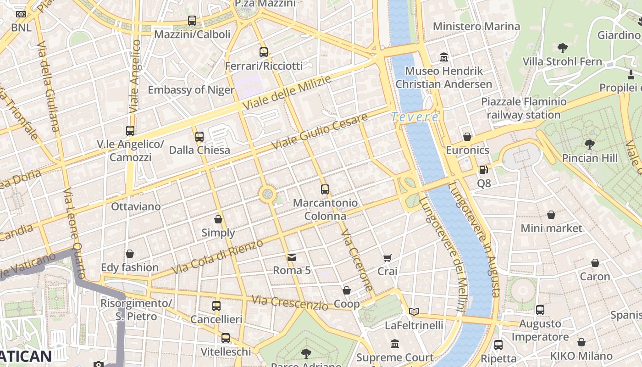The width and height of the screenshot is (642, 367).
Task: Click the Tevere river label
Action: click(x=415, y=117)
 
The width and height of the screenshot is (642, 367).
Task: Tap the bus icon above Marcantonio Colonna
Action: click(x=325, y=189)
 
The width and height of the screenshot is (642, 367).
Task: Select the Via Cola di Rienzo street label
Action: click(x=218, y=257)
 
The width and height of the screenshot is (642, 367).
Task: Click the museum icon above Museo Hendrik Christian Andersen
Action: click(x=444, y=57)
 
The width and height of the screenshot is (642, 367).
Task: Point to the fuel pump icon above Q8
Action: click(x=483, y=170)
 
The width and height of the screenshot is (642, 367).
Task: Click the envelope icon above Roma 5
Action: click(x=292, y=257)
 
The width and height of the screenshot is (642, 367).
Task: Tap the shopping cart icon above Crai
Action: click(x=387, y=258)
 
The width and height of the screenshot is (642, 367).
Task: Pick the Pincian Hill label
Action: click(x=590, y=158)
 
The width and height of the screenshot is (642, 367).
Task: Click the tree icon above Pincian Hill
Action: click(x=590, y=145)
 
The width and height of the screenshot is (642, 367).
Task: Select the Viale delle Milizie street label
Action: click(x=286, y=93)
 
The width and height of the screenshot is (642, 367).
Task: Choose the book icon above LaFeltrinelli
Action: click(x=414, y=311)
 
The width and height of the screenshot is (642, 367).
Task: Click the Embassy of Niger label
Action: click(x=191, y=89)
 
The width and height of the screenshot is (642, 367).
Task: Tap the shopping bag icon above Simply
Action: click(x=218, y=219)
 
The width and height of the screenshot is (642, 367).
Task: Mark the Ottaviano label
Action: click(x=136, y=206)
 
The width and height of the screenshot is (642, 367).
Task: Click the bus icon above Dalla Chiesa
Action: click(x=199, y=136)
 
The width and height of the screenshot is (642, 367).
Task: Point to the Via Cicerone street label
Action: click(x=356, y=260)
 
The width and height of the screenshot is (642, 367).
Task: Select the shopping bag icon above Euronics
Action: click(x=467, y=137)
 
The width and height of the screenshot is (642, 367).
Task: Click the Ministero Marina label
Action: click(x=476, y=26)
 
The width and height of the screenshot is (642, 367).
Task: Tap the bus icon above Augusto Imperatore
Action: click(x=540, y=310)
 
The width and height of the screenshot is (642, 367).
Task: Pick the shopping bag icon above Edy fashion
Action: click(x=130, y=254)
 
